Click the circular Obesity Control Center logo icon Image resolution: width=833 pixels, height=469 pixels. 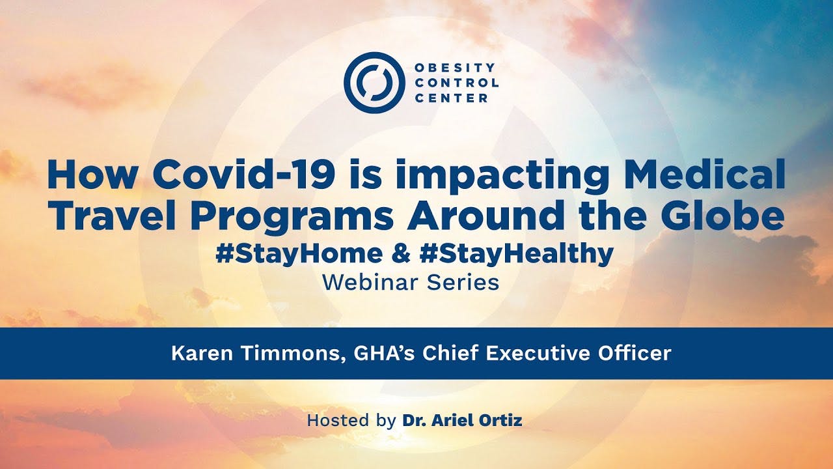pyautogui.click(x=374, y=83)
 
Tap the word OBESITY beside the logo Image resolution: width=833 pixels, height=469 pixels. pyautogui.click(x=455, y=68)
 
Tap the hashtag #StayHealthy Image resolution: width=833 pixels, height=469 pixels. pyautogui.click(x=517, y=255)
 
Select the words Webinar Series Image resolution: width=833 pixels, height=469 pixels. pyautogui.click(x=411, y=283)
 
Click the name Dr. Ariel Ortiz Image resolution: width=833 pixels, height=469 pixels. pyautogui.click(x=462, y=421)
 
